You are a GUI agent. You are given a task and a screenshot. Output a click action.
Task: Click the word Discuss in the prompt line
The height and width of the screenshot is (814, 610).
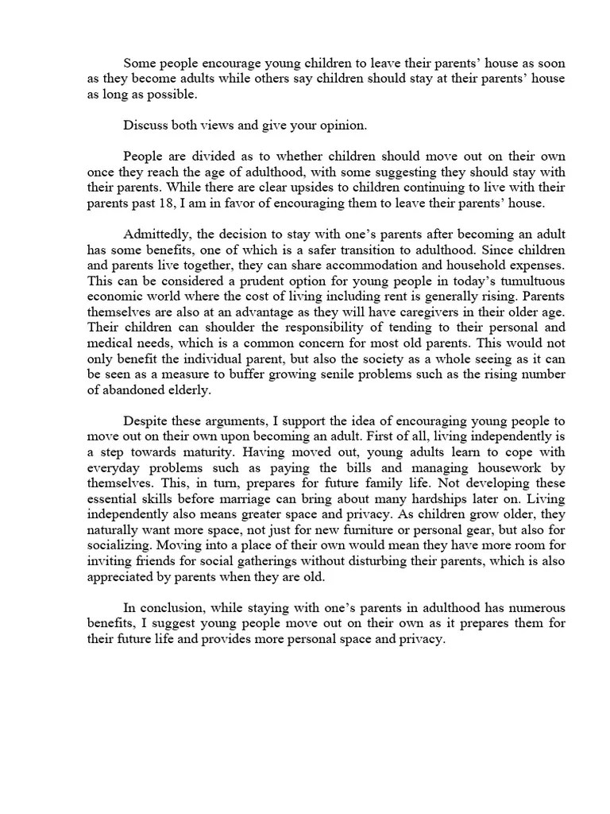[x=145, y=125]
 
